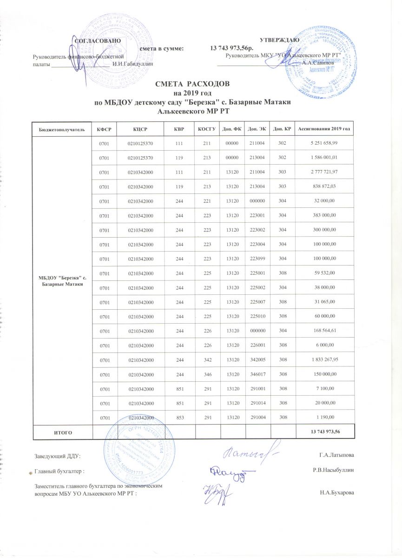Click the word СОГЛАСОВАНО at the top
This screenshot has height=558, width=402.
pyautogui.click(x=98, y=41)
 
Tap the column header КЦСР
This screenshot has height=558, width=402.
pyautogui.click(x=140, y=128)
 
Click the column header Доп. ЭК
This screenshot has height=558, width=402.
pyautogui.click(x=257, y=128)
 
